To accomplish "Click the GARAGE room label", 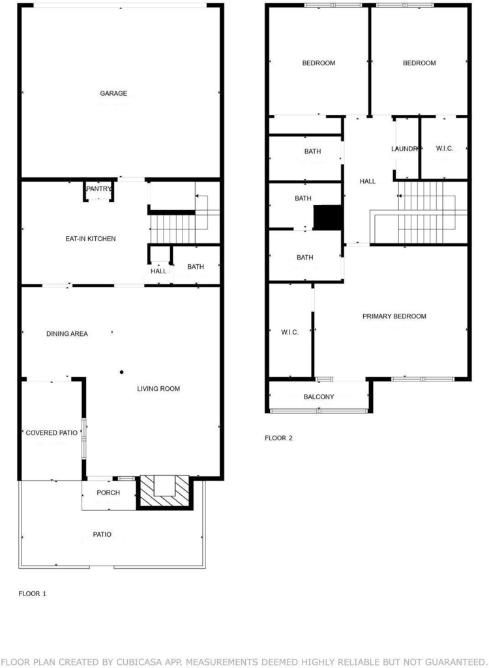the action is tap(113, 93).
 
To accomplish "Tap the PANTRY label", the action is tap(99, 189).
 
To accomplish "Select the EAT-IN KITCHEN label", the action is tap(91, 239).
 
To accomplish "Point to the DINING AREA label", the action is tap(67, 333).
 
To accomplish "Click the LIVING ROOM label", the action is tap(158, 389).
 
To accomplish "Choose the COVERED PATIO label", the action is tap(52, 433).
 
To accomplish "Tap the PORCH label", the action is tap(108, 493).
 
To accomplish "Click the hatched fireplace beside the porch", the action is tap(164, 493).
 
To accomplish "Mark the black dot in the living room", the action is tap(122, 372).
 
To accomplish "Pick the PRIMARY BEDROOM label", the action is tap(394, 316).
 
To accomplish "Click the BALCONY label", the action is tap(319, 397).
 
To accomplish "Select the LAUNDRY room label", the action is tap(404, 149).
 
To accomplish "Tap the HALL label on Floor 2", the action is tap(368, 181).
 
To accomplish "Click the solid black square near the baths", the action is tap(327, 218).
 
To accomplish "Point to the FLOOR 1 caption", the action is tap(33, 594).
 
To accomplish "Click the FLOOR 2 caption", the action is tap(278, 438).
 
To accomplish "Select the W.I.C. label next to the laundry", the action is tap(444, 148).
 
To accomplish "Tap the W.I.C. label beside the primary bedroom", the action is tap(289, 332).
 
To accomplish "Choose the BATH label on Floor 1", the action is tap(196, 267).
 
